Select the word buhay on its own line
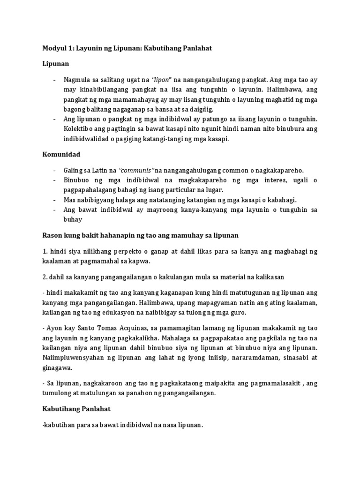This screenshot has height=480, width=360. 73,219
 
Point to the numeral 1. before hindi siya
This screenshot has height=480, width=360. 45,251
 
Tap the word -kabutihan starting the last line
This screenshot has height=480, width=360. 60,425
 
